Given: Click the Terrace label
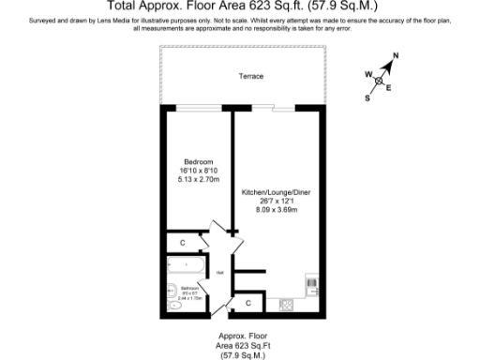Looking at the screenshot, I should click(x=250, y=76).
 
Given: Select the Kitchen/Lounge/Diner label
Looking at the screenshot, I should click(x=276, y=191).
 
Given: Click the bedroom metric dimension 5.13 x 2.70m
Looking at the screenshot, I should click(x=198, y=178).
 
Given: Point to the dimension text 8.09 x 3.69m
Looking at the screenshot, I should click(x=276, y=209).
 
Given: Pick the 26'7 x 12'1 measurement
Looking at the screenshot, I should click(x=276, y=201).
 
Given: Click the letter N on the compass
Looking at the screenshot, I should click(x=396, y=56).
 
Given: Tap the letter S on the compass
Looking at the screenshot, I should click(x=367, y=99).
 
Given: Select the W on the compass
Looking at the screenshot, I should click(x=367, y=73).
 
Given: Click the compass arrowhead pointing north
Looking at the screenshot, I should click(x=389, y=64).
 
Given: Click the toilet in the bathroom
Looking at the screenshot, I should click(x=174, y=306).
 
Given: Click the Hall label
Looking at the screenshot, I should click(x=219, y=273).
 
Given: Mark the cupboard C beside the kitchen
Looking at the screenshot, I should click(x=248, y=304).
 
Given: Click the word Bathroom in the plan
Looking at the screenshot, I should click(x=187, y=289).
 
